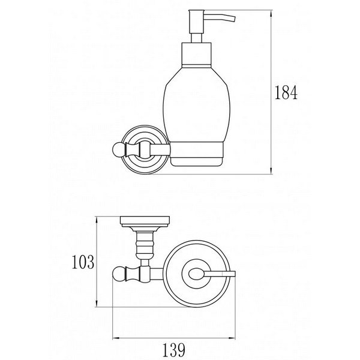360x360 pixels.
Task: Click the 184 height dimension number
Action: point(286,92)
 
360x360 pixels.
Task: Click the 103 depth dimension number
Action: point(83,262)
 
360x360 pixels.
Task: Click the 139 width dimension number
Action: point(174,350)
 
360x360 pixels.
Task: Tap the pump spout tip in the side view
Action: point(233,19)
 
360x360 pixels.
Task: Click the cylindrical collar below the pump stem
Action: point(197,55)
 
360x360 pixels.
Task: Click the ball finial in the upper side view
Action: point(119,149)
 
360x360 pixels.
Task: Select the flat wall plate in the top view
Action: point(145,220)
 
